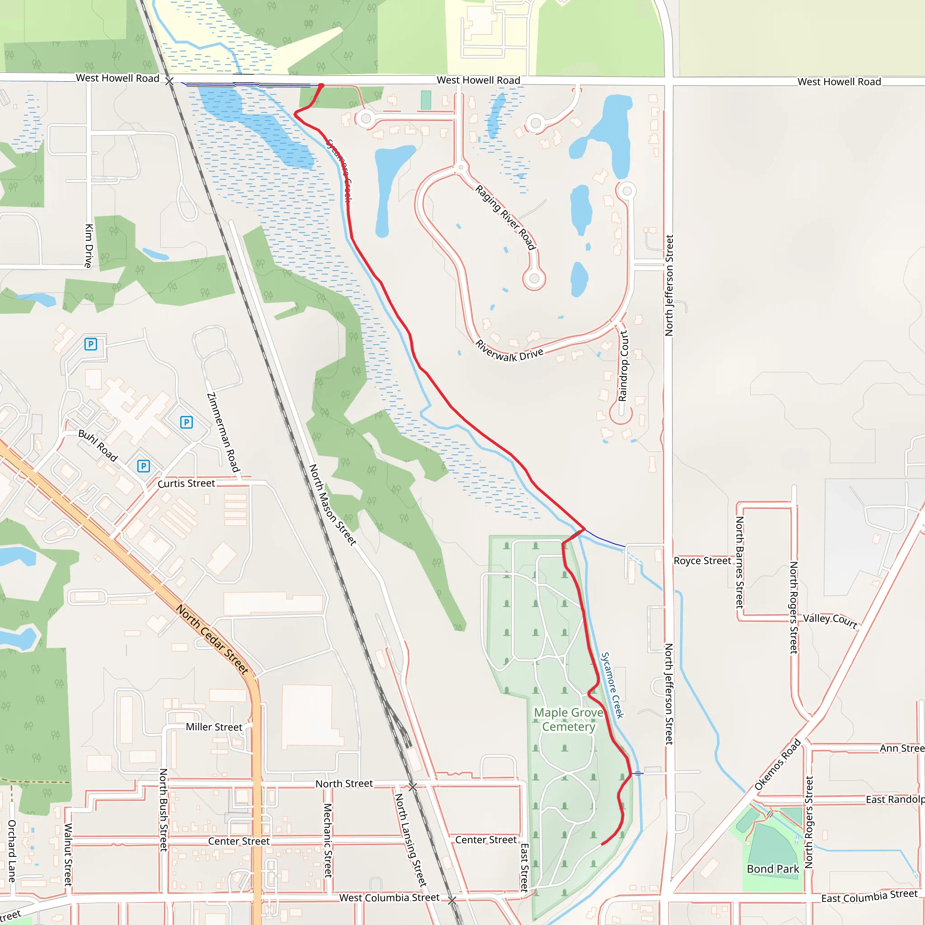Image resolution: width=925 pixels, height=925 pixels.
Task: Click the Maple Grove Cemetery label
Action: click(568, 719)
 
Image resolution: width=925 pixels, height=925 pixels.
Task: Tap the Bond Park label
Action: click(773, 869)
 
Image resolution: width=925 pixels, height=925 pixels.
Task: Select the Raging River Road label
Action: click(505, 217)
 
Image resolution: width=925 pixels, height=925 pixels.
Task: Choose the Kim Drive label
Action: click(89, 246)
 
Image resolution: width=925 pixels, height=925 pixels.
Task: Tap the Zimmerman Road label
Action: click(223, 432)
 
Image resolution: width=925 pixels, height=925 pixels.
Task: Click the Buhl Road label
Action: click(98, 445)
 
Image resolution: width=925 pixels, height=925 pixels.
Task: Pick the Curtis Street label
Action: click(186, 484)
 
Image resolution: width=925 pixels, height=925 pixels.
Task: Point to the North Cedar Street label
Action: click(212, 639)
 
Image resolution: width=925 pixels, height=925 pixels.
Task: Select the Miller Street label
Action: click(214, 727)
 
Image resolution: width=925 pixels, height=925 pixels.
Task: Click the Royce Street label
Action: click(702, 561)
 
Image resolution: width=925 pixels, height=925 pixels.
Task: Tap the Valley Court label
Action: click(830, 621)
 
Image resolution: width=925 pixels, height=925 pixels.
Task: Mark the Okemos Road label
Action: click(778, 765)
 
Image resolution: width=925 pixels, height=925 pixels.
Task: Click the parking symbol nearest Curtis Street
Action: click(144, 466)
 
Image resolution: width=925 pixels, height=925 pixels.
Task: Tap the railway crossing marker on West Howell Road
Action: click(169, 81)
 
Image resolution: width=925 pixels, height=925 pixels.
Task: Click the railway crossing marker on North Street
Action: click(413, 787)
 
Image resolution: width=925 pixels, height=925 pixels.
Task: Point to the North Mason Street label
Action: click(332, 505)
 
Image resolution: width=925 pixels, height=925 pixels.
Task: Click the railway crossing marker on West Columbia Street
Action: click(452, 900)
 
